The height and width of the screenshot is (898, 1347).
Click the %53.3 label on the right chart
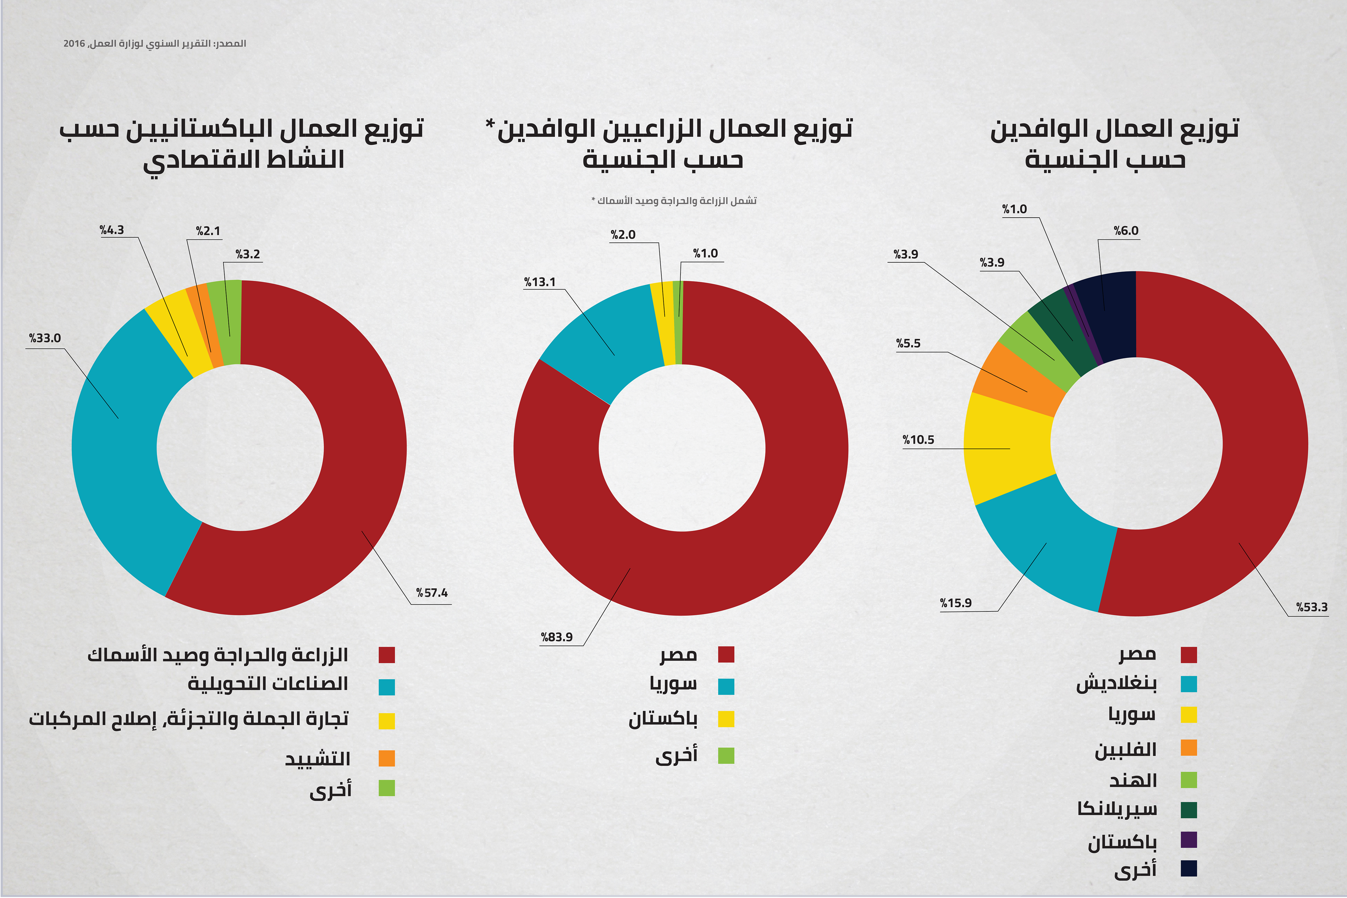(1311, 607)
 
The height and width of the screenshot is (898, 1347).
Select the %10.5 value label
(918, 440)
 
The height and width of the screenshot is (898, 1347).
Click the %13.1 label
(540, 282)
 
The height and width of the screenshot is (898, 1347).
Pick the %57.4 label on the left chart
(432, 593)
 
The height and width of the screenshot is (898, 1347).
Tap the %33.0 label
(45, 338)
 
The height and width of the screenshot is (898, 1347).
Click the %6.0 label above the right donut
(1126, 231)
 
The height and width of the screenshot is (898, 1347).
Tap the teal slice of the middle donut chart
(601, 338)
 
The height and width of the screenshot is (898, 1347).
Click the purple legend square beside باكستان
(1189, 840)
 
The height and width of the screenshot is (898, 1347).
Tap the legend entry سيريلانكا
(1117, 809)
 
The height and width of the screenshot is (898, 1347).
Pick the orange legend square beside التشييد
(387, 758)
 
